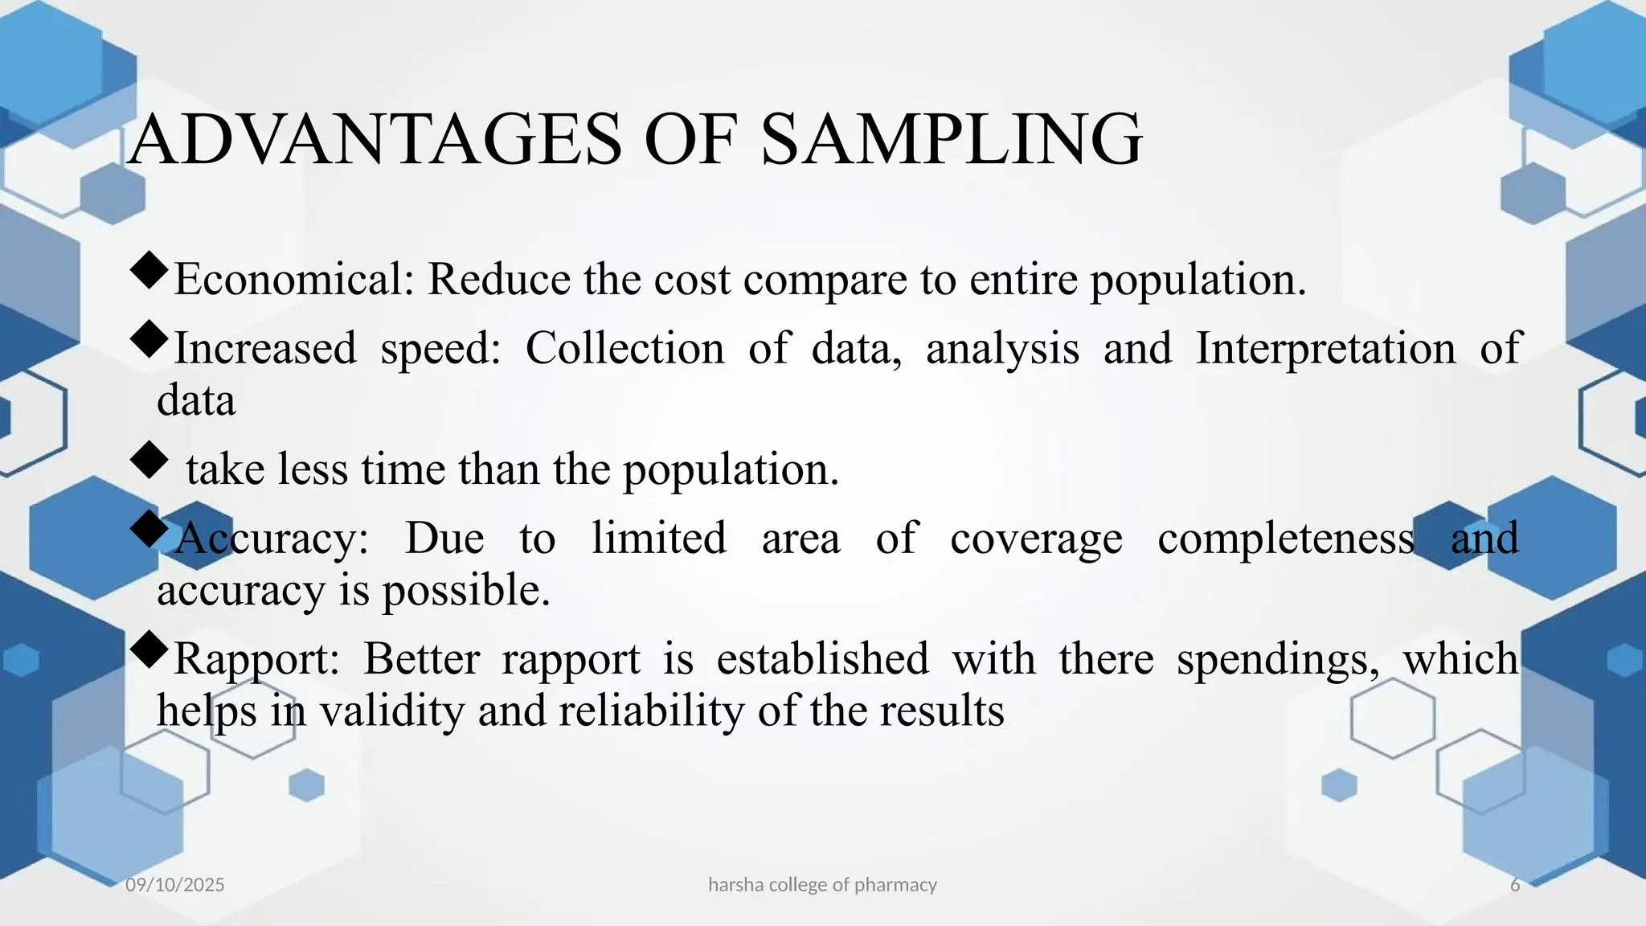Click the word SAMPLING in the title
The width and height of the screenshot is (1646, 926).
(950, 140)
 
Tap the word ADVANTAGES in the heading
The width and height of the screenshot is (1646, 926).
(375, 140)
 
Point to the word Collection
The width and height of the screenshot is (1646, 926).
(624, 349)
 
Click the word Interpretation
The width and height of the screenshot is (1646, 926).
(1325, 349)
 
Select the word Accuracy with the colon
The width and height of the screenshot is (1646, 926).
(271, 539)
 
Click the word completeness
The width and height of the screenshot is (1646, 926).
(1285, 539)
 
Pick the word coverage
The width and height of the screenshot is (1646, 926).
(1036, 539)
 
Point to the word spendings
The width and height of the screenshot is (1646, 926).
(1278, 659)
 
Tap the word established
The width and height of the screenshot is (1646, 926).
(822, 659)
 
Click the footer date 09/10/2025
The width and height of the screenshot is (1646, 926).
(175, 885)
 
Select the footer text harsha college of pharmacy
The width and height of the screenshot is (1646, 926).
(822, 885)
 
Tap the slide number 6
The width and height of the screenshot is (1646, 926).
(1515, 885)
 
